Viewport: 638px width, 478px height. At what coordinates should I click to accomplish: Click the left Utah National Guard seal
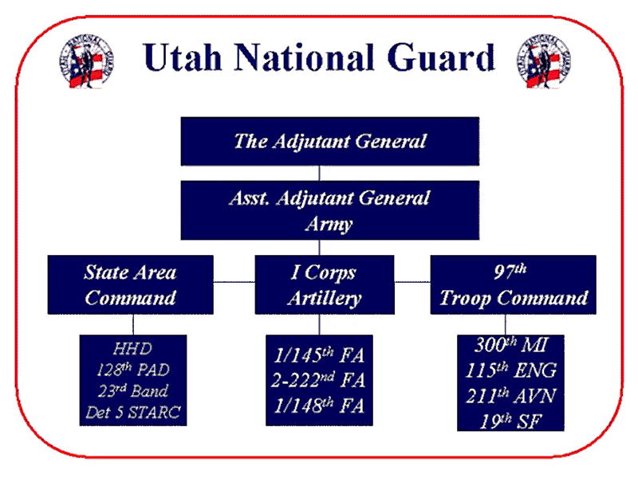pyautogui.click(x=86, y=61)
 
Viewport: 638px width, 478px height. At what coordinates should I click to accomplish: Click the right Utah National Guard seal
pyautogui.click(x=544, y=61)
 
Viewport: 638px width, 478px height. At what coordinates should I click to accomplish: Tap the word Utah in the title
pyautogui.click(x=183, y=57)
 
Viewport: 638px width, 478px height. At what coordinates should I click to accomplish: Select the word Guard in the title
pyautogui.click(x=441, y=57)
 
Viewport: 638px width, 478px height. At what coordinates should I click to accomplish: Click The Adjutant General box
pyautogui.click(x=330, y=141)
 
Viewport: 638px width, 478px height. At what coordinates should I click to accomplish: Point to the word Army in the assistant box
pyautogui.click(x=329, y=224)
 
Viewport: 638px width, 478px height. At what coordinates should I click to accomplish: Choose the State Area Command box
pyautogui.click(x=130, y=284)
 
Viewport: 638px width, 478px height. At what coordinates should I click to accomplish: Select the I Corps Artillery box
pyautogui.click(x=325, y=284)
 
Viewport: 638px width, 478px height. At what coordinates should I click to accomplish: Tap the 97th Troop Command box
pyautogui.click(x=513, y=284)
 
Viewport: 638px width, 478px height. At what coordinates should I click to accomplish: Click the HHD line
pyautogui.click(x=132, y=349)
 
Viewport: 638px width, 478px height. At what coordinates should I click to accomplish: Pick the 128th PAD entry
pyautogui.click(x=133, y=370)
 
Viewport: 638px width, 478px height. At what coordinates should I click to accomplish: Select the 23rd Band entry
pyautogui.click(x=133, y=391)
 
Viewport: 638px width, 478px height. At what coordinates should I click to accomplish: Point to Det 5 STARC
pyautogui.click(x=133, y=412)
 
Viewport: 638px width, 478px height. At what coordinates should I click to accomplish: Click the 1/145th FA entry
pyautogui.click(x=319, y=355)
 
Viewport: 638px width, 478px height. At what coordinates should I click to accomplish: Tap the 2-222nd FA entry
pyautogui.click(x=318, y=380)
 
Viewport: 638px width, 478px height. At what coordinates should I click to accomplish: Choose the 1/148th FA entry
pyautogui.click(x=319, y=406)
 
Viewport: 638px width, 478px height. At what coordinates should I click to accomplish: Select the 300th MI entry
pyautogui.click(x=511, y=345)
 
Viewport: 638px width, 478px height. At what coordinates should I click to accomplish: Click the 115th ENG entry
pyautogui.click(x=511, y=370)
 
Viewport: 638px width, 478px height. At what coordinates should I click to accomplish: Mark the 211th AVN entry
pyautogui.click(x=511, y=396)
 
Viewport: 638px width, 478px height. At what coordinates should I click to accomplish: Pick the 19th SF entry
pyautogui.click(x=511, y=421)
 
